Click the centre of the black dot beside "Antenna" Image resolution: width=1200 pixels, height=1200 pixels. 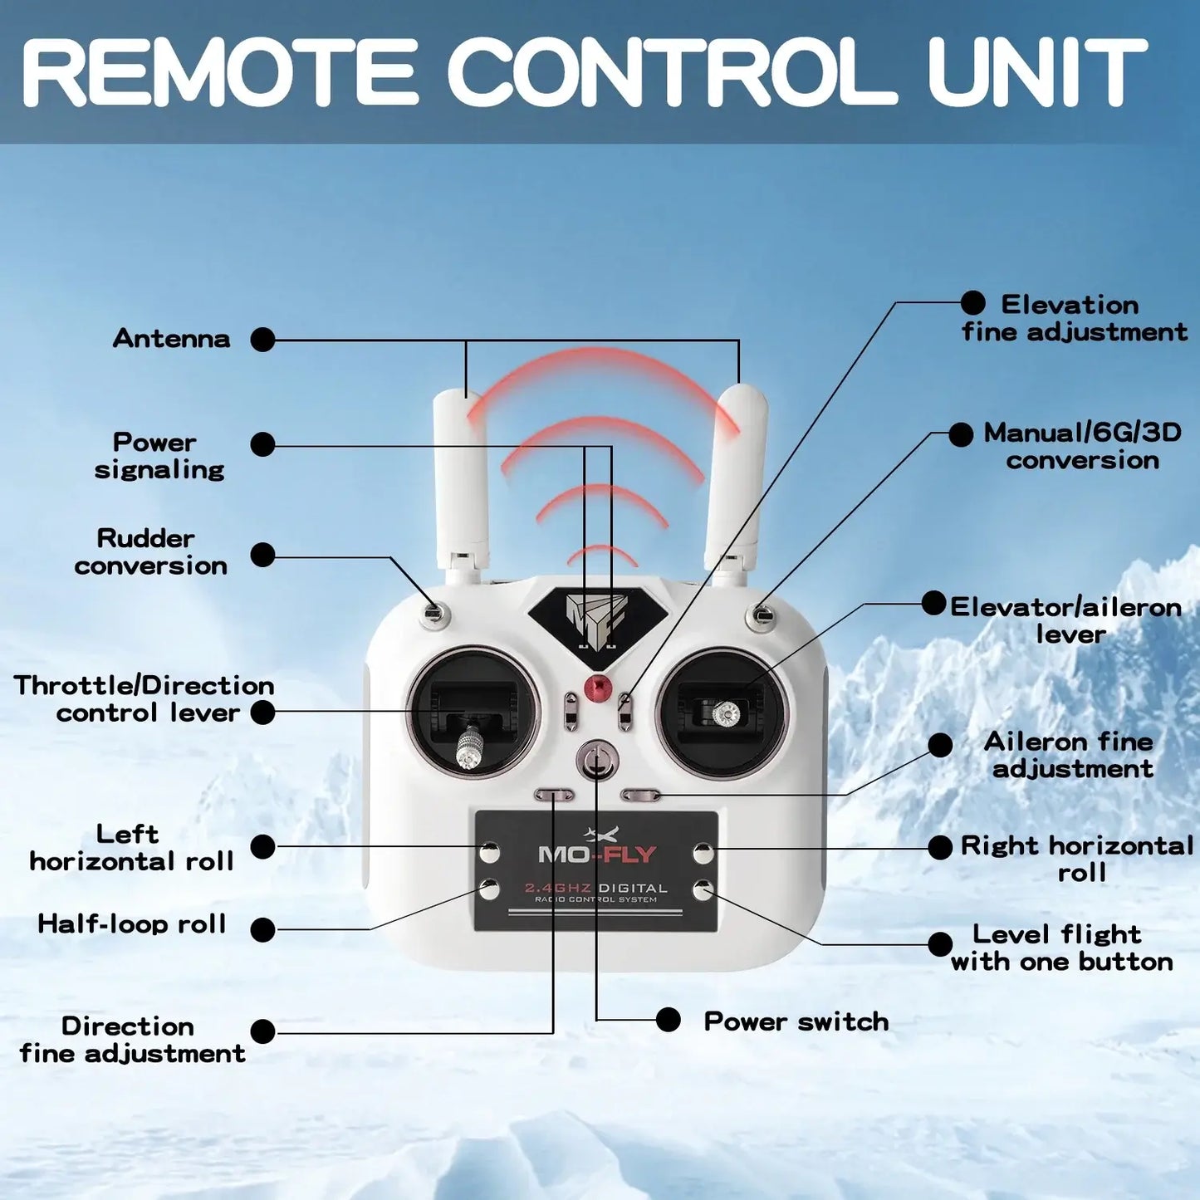[262, 340]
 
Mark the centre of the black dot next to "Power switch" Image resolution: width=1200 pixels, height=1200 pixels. [669, 1020]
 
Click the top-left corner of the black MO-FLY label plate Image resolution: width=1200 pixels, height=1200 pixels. [475, 811]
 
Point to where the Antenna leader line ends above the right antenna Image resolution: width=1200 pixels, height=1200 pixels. [738, 382]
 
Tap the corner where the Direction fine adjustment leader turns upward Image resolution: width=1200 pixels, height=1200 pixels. [553, 1032]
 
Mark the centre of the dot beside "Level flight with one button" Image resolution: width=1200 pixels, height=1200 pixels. [940, 944]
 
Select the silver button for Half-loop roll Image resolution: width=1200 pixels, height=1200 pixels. [489, 889]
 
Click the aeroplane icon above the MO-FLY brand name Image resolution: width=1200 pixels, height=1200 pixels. [601, 834]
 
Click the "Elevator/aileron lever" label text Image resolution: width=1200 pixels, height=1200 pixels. [1065, 621]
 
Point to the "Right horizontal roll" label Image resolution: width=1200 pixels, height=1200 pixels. [1077, 859]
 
